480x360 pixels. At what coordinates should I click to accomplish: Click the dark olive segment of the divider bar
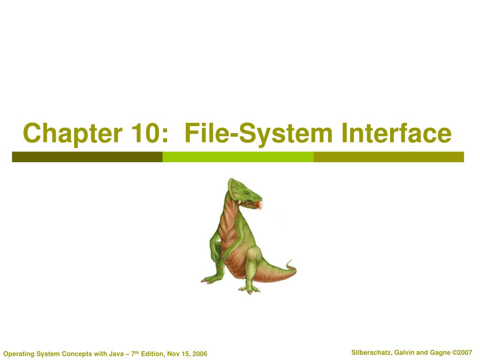point(87,157)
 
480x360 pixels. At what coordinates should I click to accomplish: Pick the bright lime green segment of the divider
point(238,157)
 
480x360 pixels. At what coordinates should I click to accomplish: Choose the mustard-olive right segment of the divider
point(388,157)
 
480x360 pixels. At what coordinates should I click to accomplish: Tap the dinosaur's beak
point(259,204)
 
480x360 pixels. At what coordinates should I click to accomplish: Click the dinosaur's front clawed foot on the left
point(209,280)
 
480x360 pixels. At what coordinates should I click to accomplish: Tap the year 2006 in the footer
point(199,353)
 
